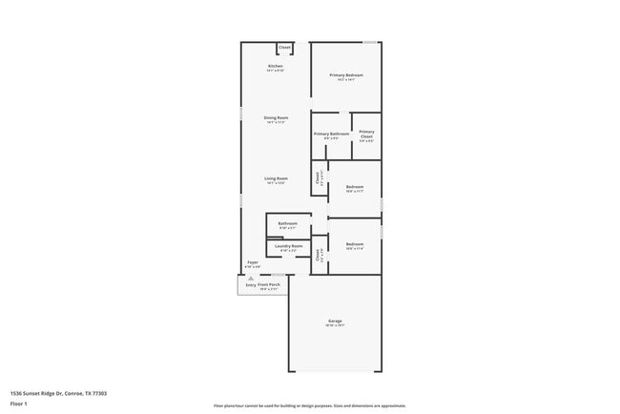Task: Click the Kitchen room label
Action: pos(275,66)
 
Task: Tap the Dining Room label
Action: pos(276,118)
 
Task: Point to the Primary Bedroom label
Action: pos(346,75)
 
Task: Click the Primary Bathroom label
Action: pos(331,135)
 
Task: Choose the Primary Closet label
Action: pos(366,135)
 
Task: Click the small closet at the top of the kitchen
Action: pos(284,47)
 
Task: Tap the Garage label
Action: pos(335,321)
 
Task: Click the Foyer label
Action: pos(253,262)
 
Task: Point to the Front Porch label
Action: pos(268,284)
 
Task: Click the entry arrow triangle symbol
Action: pos(250,278)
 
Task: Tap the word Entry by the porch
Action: pos(251,284)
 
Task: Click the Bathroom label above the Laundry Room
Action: pos(287,224)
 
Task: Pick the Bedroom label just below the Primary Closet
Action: pos(354,187)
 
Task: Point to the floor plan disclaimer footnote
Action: pos(309,405)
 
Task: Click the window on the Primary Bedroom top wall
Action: pos(369,42)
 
